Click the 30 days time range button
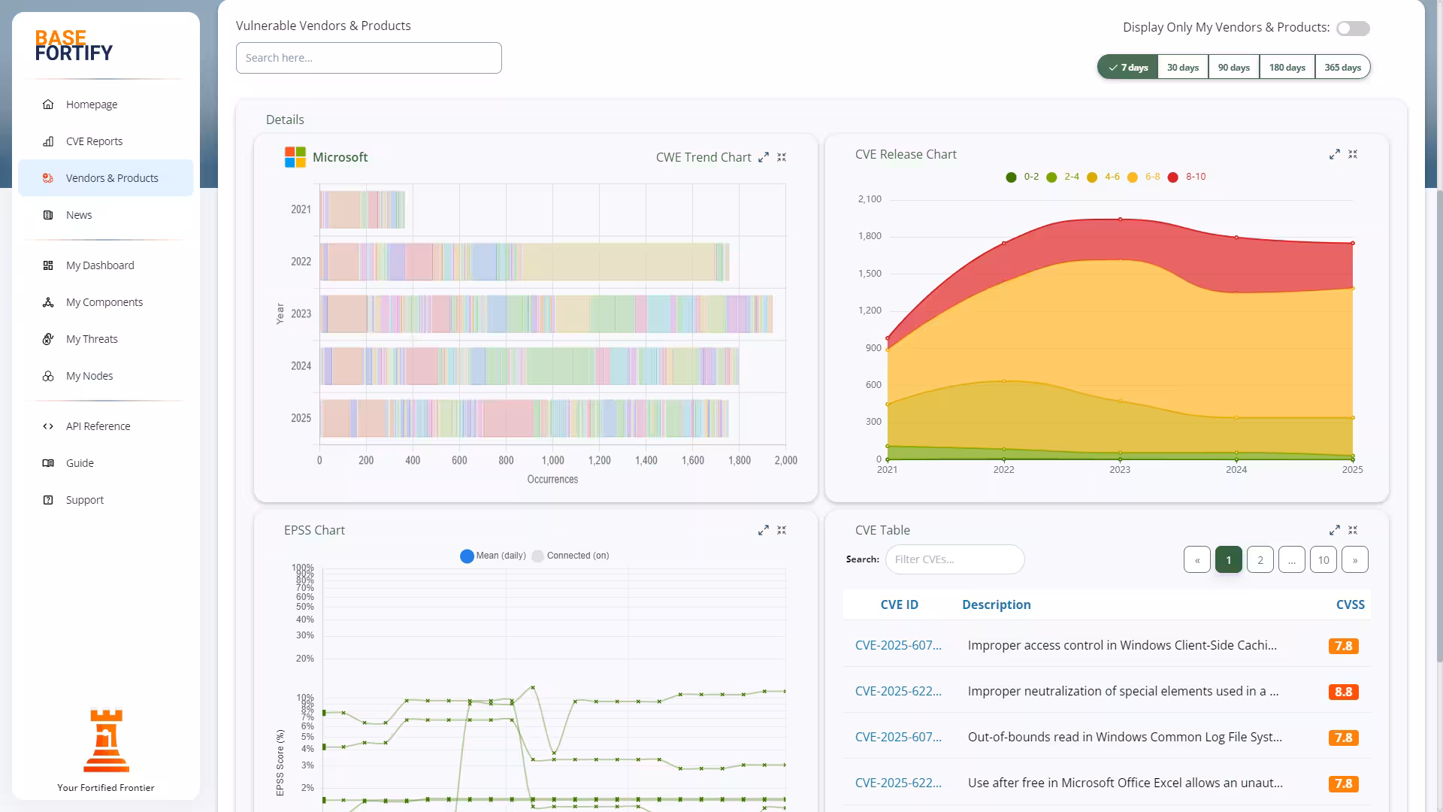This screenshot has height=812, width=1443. click(x=1182, y=68)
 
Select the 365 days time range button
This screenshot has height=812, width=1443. click(x=1342, y=68)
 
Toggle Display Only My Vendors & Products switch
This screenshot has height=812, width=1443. click(x=1353, y=29)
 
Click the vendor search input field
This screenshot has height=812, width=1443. click(x=368, y=58)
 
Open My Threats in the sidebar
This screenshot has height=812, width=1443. click(x=92, y=339)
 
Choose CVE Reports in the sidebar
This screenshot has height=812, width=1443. click(x=94, y=141)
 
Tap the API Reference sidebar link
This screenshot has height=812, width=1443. click(x=98, y=426)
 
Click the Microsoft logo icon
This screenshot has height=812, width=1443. click(x=295, y=157)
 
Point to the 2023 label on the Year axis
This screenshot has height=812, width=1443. click(x=301, y=314)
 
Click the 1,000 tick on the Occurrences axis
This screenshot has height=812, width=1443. click(x=552, y=460)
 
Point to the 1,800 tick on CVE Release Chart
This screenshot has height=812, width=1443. click(x=870, y=236)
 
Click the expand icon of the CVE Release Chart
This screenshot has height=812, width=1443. click(x=1334, y=154)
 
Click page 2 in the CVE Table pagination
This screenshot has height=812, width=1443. click(x=1260, y=559)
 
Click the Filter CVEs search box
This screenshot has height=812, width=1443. click(x=954, y=559)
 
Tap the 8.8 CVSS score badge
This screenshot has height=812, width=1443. click(x=1343, y=692)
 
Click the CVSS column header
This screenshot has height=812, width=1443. click(x=1350, y=604)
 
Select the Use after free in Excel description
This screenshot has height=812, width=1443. click(x=1124, y=783)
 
